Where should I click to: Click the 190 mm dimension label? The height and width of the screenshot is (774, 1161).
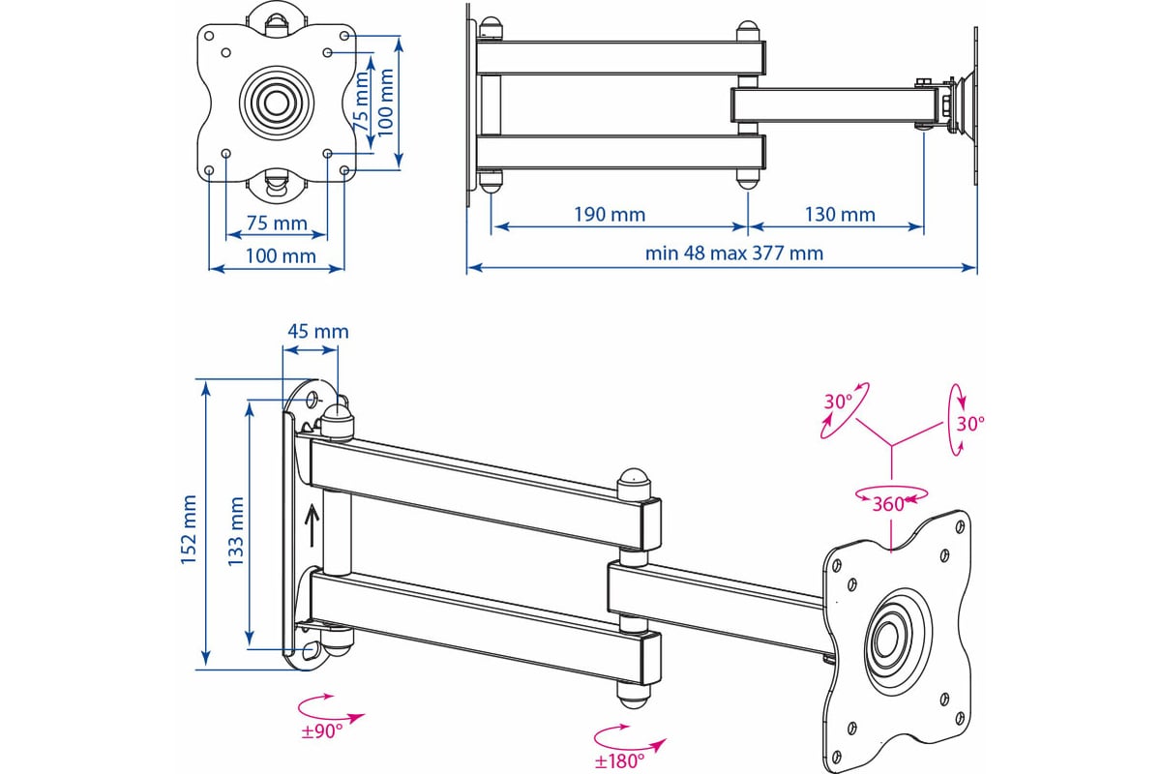coord(609,214)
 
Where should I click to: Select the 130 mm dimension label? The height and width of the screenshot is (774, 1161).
coord(839,214)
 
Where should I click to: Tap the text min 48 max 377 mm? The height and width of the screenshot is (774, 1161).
coord(734,253)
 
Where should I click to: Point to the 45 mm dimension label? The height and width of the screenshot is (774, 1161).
coord(317,331)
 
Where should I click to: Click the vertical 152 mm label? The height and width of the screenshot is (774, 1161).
coord(189,528)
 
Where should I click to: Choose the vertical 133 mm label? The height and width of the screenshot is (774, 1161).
coord(234,529)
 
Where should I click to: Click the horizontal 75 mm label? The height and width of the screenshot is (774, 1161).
coord(276,223)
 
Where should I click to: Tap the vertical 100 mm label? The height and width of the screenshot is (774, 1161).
coord(387,104)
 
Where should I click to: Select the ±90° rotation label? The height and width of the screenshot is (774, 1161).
coord(322,731)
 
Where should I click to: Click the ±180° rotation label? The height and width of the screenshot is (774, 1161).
coord(619,760)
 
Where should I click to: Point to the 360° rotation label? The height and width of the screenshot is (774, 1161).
coord(888,503)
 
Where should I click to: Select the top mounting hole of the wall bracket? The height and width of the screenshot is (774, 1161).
coord(312,399)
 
